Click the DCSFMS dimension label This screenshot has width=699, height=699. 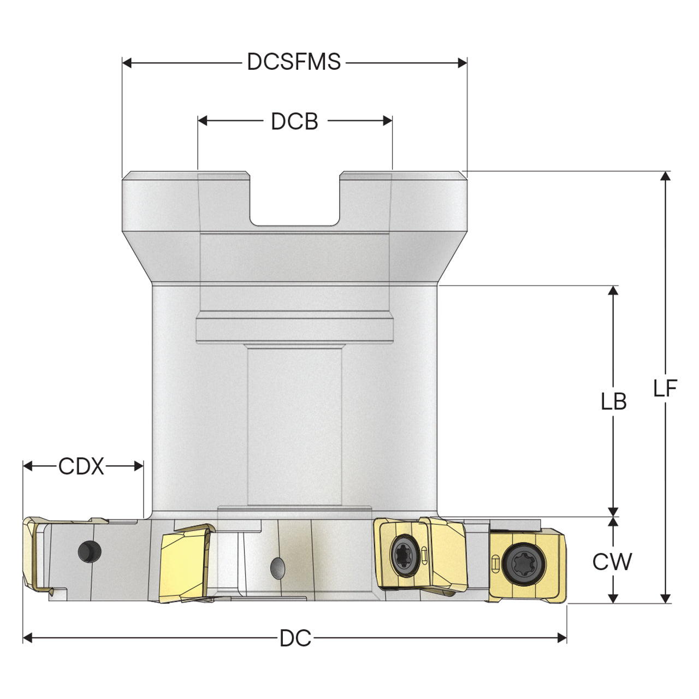tap(294, 62)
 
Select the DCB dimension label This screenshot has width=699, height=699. tap(294, 121)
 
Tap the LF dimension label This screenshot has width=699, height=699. tap(665, 388)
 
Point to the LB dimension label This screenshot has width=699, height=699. tap(614, 402)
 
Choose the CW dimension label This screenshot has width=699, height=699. tap(612, 562)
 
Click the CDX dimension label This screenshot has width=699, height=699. tap(81, 466)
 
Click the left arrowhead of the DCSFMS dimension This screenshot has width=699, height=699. tap(127, 63)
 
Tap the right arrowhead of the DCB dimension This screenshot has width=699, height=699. tap(387, 121)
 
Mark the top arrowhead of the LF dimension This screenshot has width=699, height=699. tap(665, 176)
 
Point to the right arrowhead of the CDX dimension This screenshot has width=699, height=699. tap(139, 466)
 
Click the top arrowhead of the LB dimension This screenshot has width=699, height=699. tap(613, 291)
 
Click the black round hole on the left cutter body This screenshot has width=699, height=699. tap(90, 552)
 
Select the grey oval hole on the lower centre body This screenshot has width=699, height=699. tap(278, 567)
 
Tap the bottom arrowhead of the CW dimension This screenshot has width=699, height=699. tap(613, 599)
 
